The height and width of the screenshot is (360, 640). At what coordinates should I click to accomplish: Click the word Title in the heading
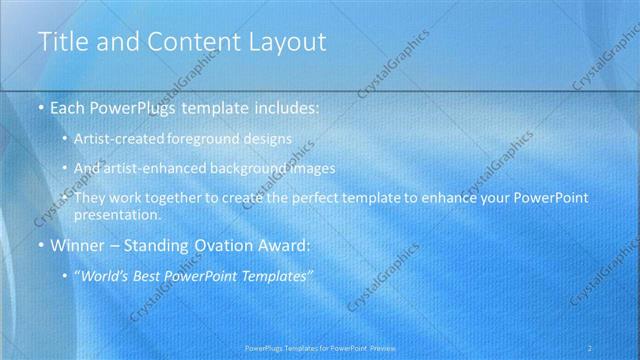click(x=61, y=42)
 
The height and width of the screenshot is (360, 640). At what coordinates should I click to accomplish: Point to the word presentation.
click(x=124, y=214)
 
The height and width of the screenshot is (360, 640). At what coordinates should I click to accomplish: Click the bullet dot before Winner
click(x=39, y=246)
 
